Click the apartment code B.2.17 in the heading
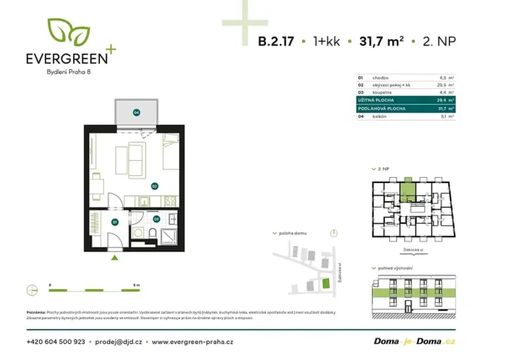[276, 42]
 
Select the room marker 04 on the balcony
[136, 112]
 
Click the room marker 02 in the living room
[154, 185]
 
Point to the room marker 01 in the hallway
[115, 222]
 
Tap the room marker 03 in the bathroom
[156, 218]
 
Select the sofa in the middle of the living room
[131, 158]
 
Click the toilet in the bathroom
[154, 235]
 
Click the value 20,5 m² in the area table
[445, 85]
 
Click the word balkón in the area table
[379, 116]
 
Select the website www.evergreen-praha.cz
[193, 341]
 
